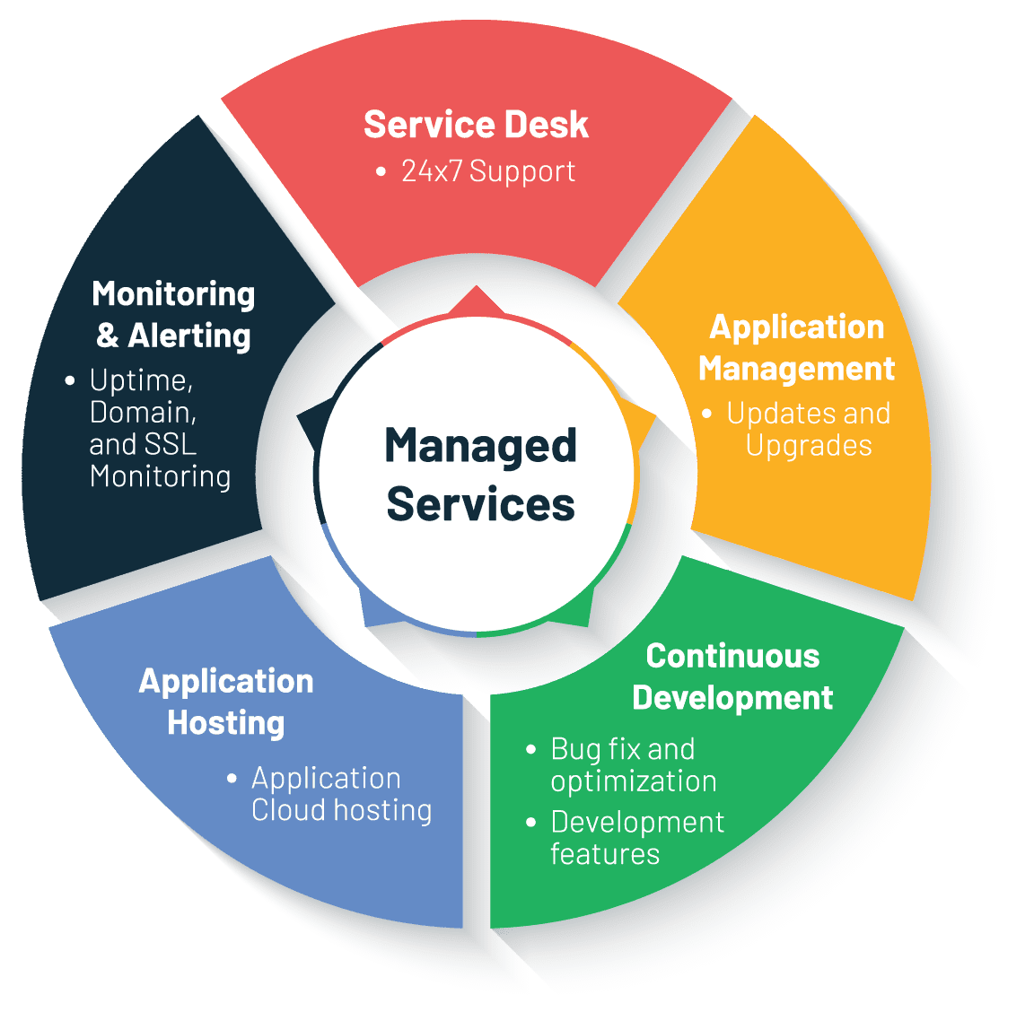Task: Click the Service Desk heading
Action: tap(476, 125)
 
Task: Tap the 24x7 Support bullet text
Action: tap(487, 170)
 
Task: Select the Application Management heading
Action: tap(797, 348)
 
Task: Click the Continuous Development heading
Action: tap(732, 677)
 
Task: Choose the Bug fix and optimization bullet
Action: tap(633, 765)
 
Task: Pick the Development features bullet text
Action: tap(636, 838)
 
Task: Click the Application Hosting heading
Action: tap(226, 702)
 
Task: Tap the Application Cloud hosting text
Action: tap(341, 794)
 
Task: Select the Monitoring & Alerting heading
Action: tap(174, 315)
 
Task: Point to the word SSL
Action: tap(169, 444)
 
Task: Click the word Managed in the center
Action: tap(480, 446)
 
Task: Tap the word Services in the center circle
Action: tap(480, 504)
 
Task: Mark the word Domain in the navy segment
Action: tap(143, 413)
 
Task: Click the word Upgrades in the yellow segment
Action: tap(809, 446)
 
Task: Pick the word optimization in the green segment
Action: tap(634, 781)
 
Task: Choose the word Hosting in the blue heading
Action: tap(226, 723)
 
